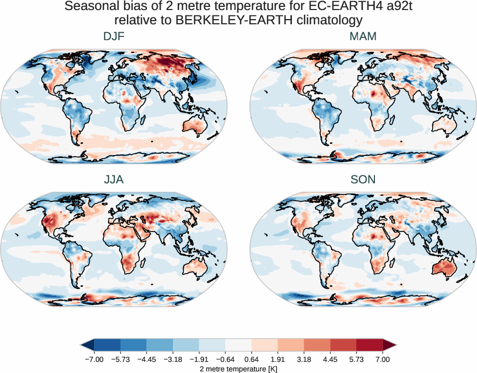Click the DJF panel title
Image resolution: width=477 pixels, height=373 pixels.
click(114, 36)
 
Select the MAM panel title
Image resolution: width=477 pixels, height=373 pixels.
click(363, 36)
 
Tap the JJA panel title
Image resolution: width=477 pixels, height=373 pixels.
click(114, 180)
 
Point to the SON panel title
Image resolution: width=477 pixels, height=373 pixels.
click(363, 180)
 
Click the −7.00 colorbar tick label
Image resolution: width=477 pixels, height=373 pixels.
click(94, 359)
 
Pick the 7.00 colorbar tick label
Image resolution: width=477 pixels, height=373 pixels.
click(383, 359)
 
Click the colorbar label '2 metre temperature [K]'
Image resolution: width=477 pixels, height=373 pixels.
click(238, 368)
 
